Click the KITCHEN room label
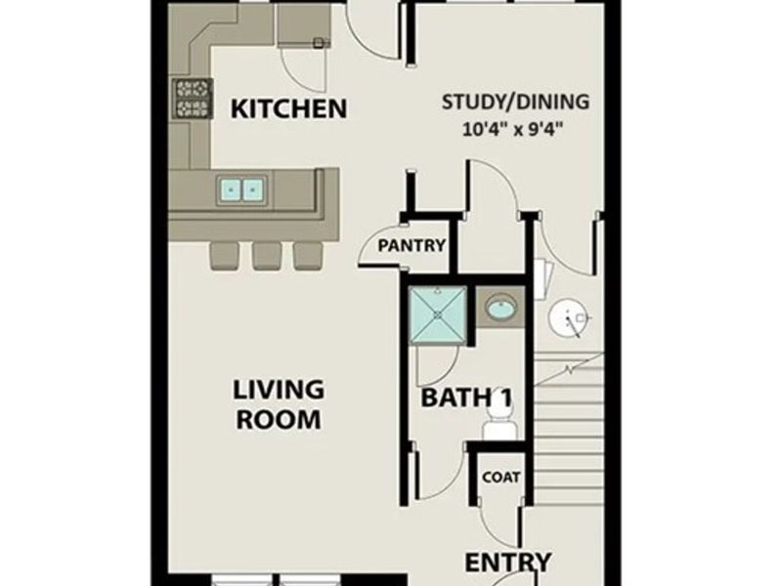[287, 107]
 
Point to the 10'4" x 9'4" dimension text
[514, 128]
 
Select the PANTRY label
[413, 246]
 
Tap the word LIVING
[279, 389]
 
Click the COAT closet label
[501, 478]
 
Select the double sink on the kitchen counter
[242, 188]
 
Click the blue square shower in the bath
[437, 315]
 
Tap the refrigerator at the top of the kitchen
[300, 24]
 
